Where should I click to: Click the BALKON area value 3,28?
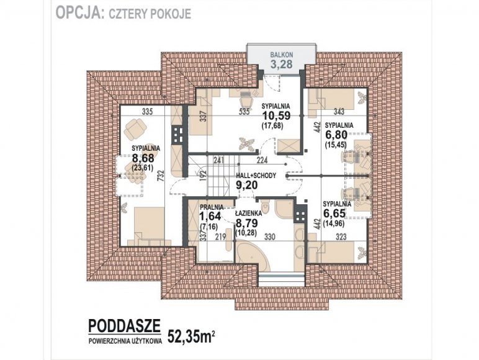(281, 64)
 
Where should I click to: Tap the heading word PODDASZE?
(124, 326)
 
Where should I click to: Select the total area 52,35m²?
(191, 337)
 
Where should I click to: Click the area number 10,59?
(277, 116)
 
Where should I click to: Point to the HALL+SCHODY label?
(256, 176)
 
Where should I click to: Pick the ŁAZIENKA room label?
(248, 214)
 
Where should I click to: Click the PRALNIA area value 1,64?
(210, 217)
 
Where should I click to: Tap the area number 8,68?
(143, 158)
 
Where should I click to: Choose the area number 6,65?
(334, 214)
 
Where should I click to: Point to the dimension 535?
(244, 112)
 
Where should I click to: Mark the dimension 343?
(339, 112)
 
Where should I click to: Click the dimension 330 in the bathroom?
(270, 237)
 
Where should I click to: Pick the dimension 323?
(341, 237)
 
